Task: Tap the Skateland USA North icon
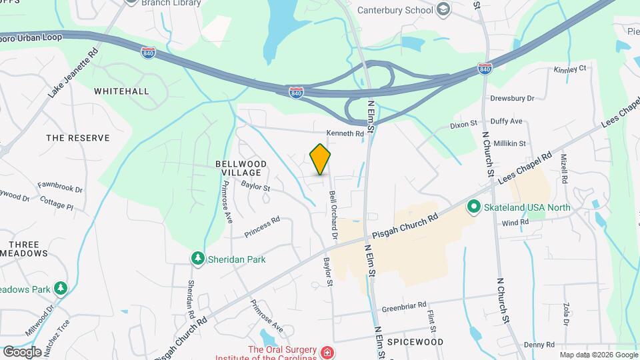474,207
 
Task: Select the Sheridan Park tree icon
197,259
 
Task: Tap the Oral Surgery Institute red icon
327,352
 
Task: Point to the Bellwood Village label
241,168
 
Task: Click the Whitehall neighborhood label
122,91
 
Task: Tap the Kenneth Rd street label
345,133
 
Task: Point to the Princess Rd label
261,227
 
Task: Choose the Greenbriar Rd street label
404,307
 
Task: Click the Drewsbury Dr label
513,98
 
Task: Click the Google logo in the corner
22,351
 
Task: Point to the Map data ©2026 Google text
598,355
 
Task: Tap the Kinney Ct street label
570,69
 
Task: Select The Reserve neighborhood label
77,138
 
